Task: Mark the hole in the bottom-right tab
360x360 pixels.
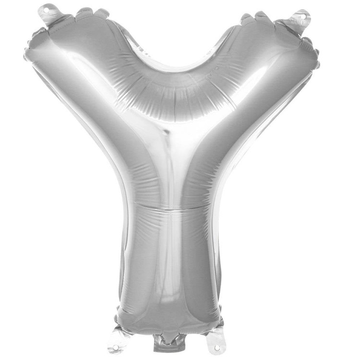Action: click(217, 347)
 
